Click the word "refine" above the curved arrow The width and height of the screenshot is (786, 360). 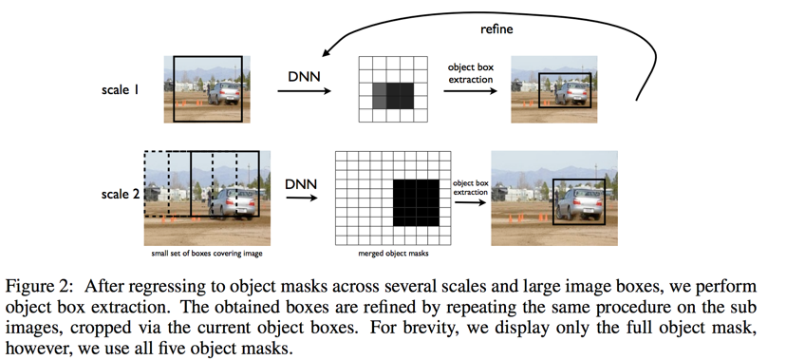[x=496, y=29]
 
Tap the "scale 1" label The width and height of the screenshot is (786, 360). [x=120, y=90]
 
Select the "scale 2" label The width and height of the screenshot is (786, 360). [x=121, y=194]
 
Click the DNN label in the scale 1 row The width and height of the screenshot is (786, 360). [x=304, y=77]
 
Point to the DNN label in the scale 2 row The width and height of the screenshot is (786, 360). [x=301, y=184]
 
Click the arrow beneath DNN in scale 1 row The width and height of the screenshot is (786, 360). [x=305, y=91]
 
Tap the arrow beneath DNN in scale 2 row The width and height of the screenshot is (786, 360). [x=302, y=198]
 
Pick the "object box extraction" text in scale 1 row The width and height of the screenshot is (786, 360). [x=470, y=73]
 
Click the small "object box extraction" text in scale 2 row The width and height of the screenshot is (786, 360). [x=471, y=187]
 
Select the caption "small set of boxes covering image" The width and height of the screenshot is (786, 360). [x=207, y=254]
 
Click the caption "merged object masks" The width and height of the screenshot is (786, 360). [x=394, y=254]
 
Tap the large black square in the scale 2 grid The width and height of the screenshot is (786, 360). [x=416, y=202]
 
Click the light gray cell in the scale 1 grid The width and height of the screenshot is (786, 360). [x=380, y=96]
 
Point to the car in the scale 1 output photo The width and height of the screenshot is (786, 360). [x=571, y=93]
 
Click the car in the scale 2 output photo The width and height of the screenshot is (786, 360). [x=578, y=204]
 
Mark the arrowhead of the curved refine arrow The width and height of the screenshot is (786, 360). [x=325, y=53]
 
